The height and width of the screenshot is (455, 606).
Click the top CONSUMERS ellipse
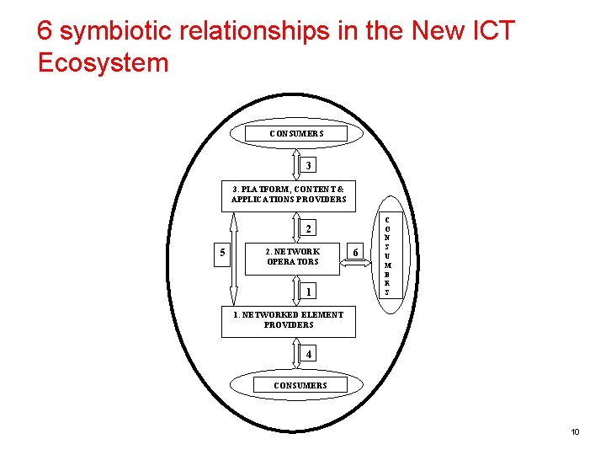click(x=296, y=134)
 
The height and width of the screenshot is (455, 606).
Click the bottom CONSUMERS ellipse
click(x=300, y=385)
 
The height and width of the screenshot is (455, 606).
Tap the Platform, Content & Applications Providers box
click(x=288, y=195)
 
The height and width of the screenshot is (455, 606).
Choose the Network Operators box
click(x=292, y=256)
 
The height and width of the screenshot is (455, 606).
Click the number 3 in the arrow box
click(x=309, y=165)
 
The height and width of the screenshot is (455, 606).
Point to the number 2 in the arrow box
click(x=309, y=229)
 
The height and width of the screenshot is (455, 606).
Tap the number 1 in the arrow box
click(x=309, y=292)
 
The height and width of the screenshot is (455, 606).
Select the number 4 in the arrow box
click(x=309, y=355)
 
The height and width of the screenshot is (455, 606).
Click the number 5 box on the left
click(x=222, y=253)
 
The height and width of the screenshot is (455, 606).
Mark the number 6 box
click(x=356, y=253)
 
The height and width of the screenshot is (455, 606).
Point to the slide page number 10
click(x=575, y=432)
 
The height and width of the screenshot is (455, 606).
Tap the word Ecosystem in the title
click(x=104, y=63)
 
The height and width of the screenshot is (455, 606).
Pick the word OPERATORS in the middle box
click(x=293, y=262)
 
